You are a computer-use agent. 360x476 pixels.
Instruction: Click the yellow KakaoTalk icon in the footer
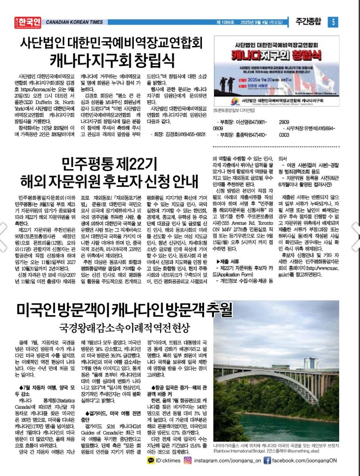pyautogui.click(x=150, y=460)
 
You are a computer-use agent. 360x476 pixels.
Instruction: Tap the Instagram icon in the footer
pyautogui.click(x=188, y=460)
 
